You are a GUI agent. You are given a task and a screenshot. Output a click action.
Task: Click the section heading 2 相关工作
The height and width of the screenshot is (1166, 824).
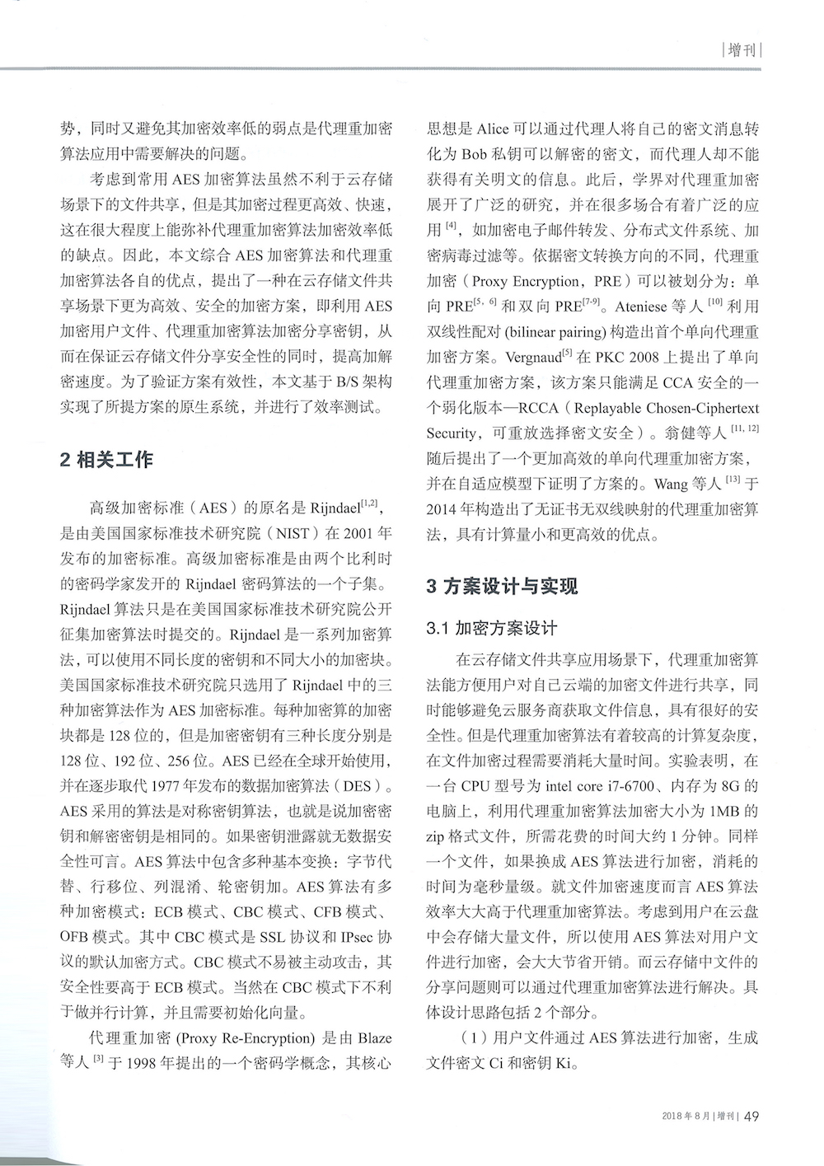coord(106,460)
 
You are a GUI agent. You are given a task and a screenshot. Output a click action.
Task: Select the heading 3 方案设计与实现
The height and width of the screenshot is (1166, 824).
coord(502,587)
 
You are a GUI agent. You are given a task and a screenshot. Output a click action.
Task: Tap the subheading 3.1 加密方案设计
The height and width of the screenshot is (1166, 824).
coord(492,629)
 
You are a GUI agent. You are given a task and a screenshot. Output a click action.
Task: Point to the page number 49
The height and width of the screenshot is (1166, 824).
coord(751,1117)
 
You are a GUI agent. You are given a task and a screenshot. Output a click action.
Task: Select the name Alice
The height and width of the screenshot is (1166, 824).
coord(494,130)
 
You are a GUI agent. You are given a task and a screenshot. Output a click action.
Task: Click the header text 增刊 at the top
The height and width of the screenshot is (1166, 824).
coord(742,50)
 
